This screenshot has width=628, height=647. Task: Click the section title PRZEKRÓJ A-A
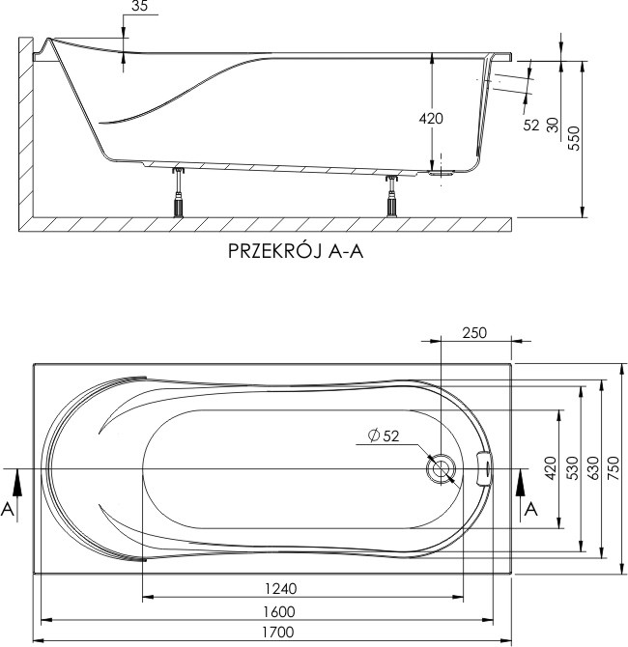pyautogui.click(x=296, y=251)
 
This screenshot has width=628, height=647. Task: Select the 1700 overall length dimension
pyautogui.click(x=278, y=632)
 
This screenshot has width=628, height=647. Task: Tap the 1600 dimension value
pyautogui.click(x=279, y=611)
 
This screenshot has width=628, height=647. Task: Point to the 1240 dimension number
pyautogui.click(x=281, y=588)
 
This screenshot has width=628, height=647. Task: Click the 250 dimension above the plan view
pyautogui.click(x=474, y=332)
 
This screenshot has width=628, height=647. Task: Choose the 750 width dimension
pyautogui.click(x=614, y=468)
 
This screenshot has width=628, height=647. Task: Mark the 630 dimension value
pyautogui.click(x=593, y=468)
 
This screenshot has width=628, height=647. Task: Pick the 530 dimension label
pyautogui.click(x=572, y=468)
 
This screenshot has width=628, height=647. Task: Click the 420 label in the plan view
pyautogui.click(x=551, y=468)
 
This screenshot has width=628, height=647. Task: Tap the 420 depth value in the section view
pyautogui.click(x=431, y=119)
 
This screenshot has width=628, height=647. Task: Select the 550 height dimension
pyautogui.click(x=574, y=138)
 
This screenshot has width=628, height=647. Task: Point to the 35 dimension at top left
pyautogui.click(x=139, y=6)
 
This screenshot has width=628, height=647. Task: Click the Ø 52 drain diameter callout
pyautogui.click(x=384, y=436)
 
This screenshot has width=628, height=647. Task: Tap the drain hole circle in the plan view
pyautogui.click(x=441, y=468)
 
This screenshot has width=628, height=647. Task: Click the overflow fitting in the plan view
pyautogui.click(x=484, y=468)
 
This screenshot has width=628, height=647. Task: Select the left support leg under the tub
pyautogui.click(x=178, y=192)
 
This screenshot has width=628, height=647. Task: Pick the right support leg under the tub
pyautogui.click(x=391, y=196)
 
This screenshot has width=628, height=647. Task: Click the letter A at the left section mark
pyautogui.click(x=8, y=509)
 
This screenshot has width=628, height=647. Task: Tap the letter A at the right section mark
pyautogui.click(x=531, y=509)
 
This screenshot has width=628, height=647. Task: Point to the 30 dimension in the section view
pyautogui.click(x=553, y=125)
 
